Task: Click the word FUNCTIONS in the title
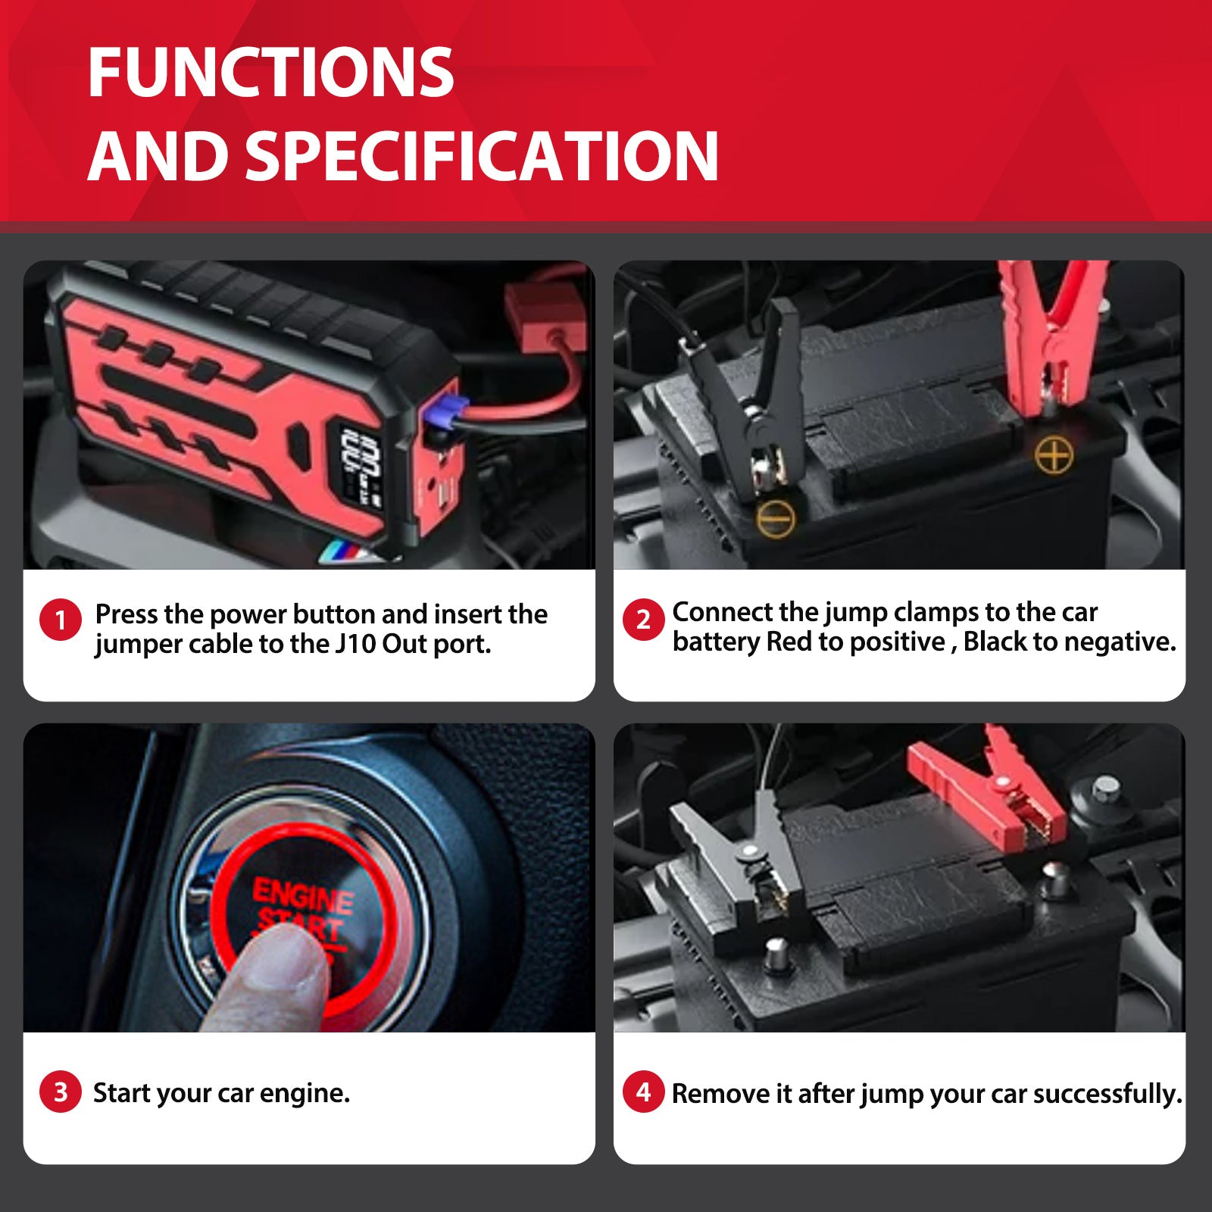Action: (270, 73)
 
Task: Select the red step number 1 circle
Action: (61, 620)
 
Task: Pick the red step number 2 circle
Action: (643, 620)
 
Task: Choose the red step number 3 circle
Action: (61, 1092)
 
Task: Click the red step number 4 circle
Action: (643, 1092)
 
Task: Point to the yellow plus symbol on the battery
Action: (1054, 454)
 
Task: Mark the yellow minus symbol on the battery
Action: (776, 518)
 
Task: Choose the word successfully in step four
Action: (1107, 1094)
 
